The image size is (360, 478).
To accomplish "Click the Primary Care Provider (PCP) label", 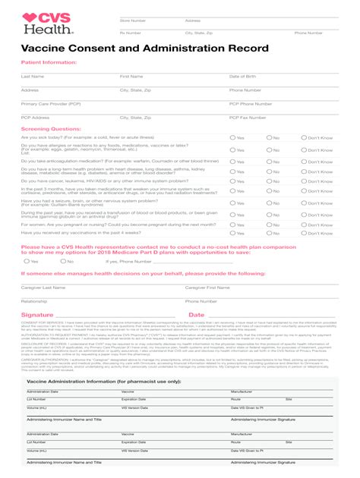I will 51,103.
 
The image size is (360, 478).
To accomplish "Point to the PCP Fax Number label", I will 251,118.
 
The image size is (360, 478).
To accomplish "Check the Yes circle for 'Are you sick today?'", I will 232,138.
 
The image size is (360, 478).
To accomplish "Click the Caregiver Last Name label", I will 43,288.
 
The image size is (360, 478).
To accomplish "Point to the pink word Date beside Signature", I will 196,315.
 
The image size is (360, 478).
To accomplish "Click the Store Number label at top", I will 133,20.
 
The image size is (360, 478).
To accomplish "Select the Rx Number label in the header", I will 130,33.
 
